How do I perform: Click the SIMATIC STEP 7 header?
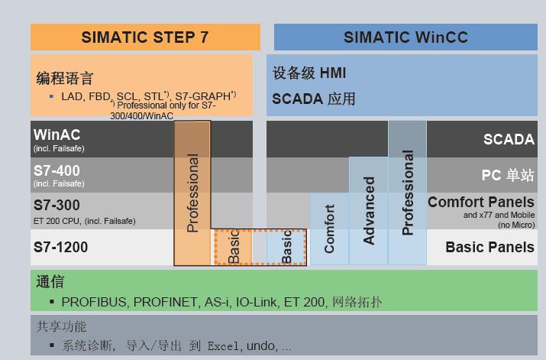(145, 37)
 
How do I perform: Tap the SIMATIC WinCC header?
(405, 37)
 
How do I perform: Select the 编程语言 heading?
(65, 78)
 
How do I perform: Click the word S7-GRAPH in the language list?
(203, 96)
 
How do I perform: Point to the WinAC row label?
(57, 135)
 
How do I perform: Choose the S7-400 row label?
(57, 170)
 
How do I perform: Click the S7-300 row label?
(57, 206)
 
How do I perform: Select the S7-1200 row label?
(60, 247)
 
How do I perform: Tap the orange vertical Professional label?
(192, 193)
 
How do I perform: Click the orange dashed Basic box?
(234, 247)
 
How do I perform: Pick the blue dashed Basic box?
(286, 247)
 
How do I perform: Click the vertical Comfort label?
(329, 229)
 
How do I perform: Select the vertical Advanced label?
(368, 210)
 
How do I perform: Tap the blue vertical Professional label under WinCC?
(408, 193)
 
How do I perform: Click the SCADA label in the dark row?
(509, 139)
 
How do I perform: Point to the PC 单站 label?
(508, 175)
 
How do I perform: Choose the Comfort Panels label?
(481, 202)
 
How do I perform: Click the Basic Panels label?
(490, 247)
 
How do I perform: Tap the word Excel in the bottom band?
(223, 346)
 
